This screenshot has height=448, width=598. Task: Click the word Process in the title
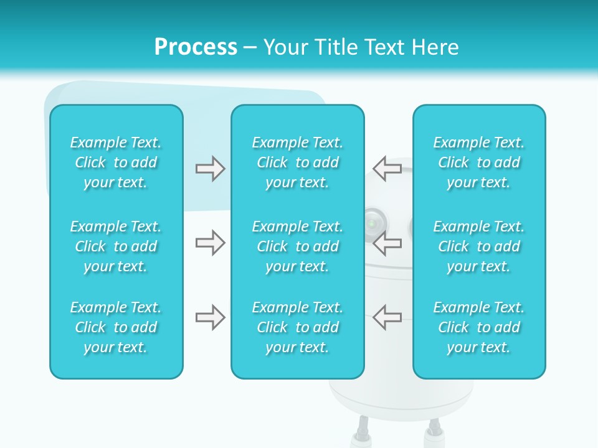coord(196,47)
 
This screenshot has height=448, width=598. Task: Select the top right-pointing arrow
coord(210,169)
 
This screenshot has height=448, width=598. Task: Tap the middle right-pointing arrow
coord(210,243)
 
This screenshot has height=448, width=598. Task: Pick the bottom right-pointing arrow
coord(210,317)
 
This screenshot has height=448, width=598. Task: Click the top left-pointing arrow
coord(387,169)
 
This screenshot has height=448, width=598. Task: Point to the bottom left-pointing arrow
coord(387,317)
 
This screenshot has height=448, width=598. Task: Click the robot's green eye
coord(373,222)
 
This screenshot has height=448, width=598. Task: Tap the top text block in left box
coord(116,162)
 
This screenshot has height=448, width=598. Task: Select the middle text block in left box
coord(116,246)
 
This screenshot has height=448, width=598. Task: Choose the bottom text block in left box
coord(116,327)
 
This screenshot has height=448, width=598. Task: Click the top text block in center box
coord(297,162)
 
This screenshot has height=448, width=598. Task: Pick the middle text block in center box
coord(297,246)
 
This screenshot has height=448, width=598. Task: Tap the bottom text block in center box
coord(297,327)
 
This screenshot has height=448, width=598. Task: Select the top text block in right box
coord(478,162)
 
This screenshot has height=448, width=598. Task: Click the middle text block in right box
coord(478,246)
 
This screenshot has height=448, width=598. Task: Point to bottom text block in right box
coord(478,327)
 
